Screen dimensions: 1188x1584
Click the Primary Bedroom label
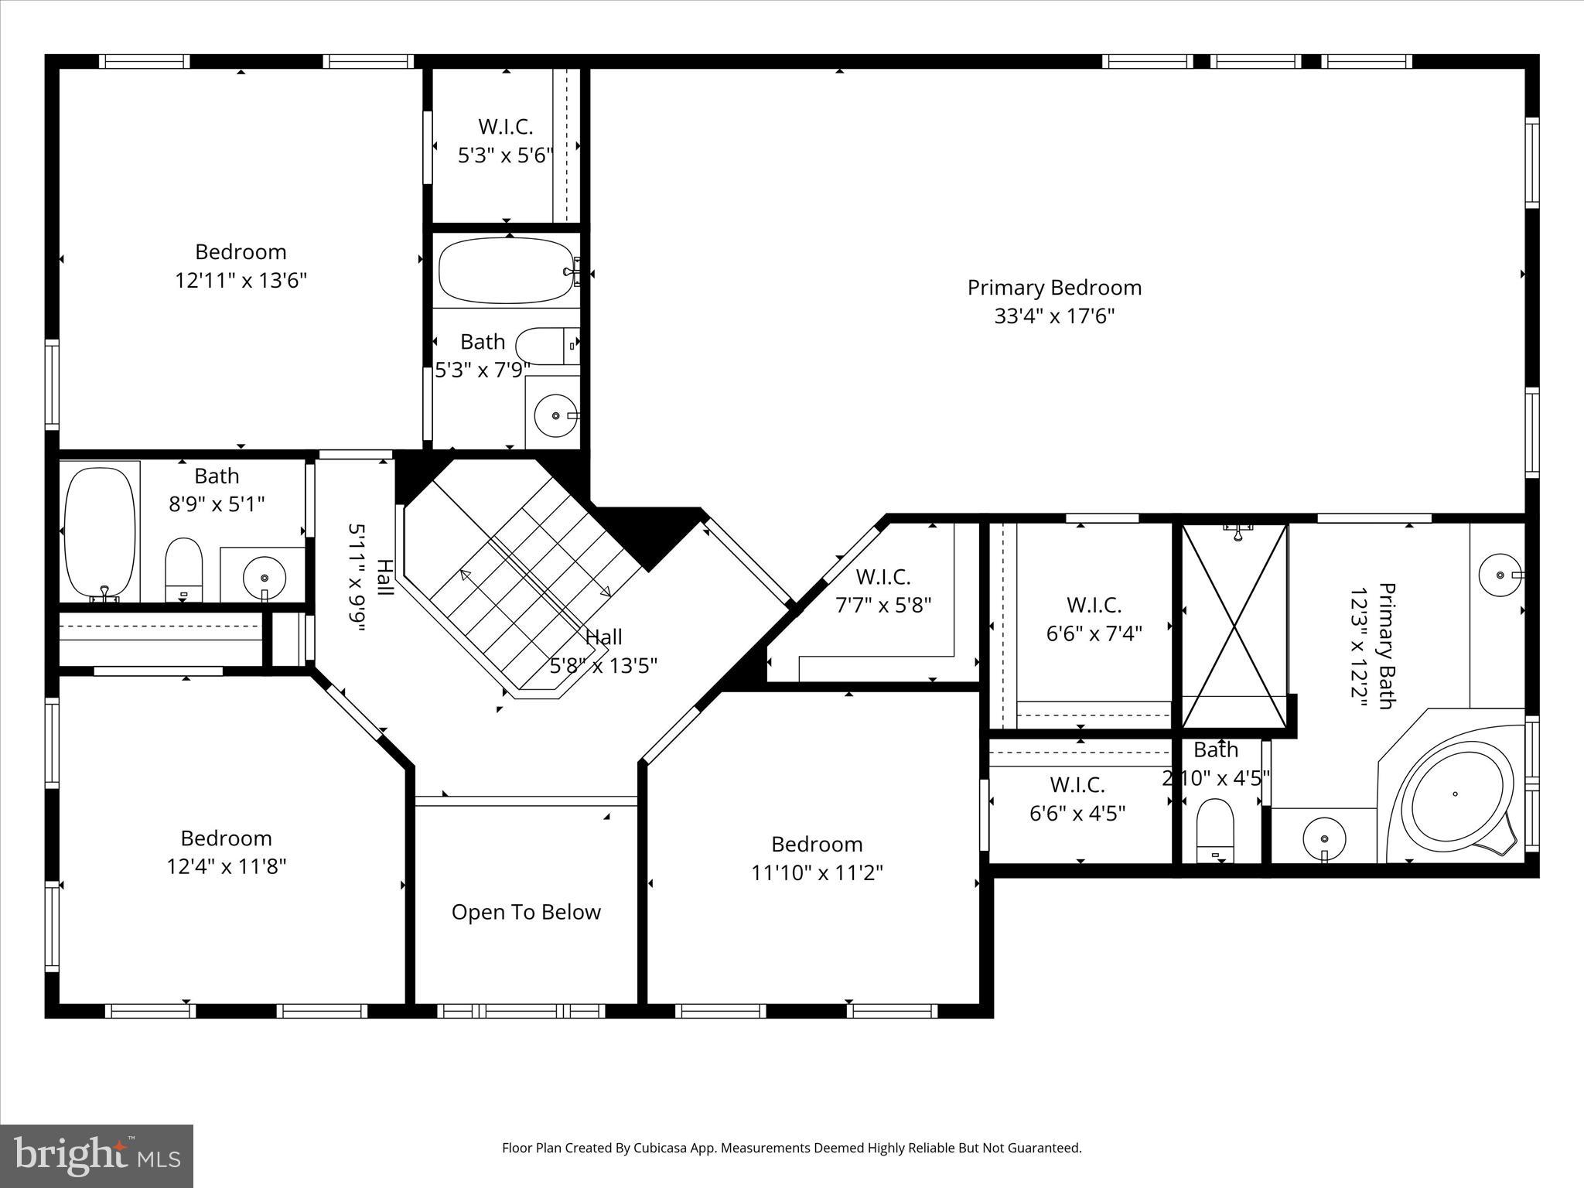(x=1054, y=288)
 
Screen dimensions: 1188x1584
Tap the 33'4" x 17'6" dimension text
(x=1054, y=316)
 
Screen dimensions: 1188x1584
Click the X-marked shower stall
(x=1235, y=626)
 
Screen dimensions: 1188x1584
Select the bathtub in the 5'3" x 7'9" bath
(x=506, y=271)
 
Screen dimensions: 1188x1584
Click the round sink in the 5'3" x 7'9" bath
(x=555, y=415)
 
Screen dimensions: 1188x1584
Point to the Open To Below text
(x=526, y=913)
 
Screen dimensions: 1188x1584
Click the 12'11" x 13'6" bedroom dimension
(x=241, y=281)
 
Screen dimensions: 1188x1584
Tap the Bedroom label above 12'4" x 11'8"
(x=226, y=838)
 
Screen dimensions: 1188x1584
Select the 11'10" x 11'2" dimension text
(x=817, y=873)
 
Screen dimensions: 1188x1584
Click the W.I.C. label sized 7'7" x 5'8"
(x=882, y=577)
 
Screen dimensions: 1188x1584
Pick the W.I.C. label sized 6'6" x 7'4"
(x=1094, y=605)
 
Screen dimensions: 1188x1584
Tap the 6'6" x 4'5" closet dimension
(x=1077, y=814)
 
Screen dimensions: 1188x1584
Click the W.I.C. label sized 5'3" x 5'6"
(x=505, y=127)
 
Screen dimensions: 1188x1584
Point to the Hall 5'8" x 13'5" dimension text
(x=603, y=666)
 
